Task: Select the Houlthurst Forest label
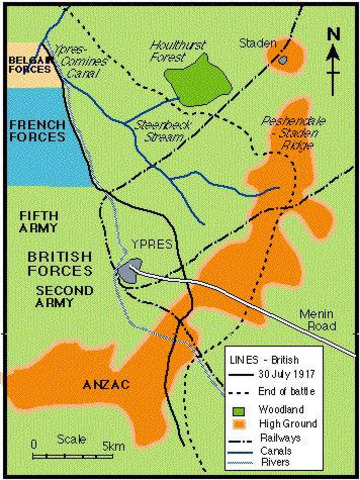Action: tap(181, 51)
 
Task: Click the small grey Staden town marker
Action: tap(282, 61)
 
